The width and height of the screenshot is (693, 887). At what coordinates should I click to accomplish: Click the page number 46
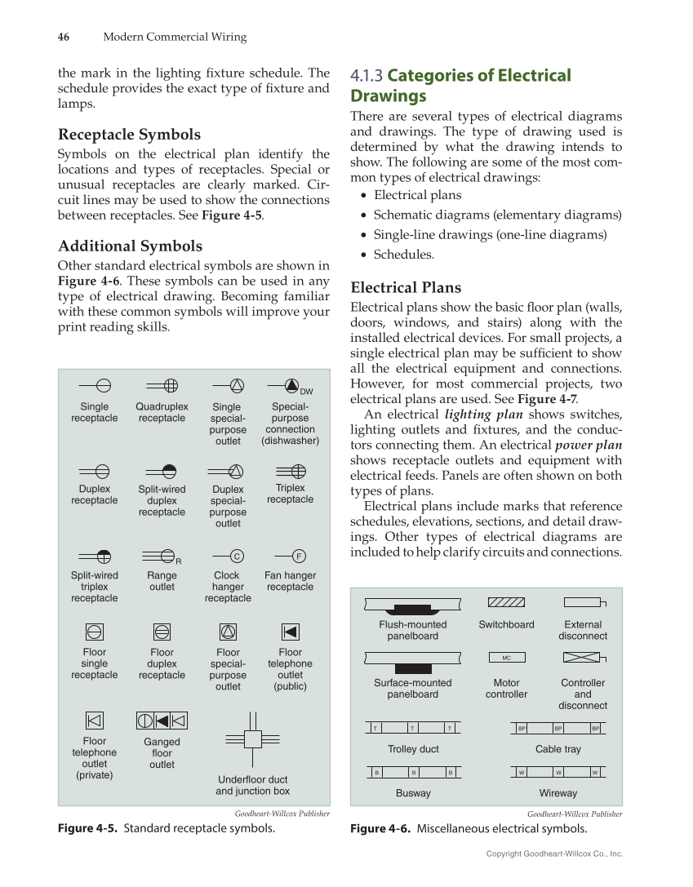(63, 37)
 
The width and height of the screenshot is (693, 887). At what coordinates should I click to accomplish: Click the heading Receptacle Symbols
(129, 135)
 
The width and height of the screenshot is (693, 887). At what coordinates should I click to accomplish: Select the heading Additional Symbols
(130, 246)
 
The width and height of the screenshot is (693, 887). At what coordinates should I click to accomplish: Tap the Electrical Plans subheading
(406, 287)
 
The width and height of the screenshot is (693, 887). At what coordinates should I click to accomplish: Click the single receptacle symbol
(95, 386)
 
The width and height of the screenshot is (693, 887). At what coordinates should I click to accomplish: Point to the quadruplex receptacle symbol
(162, 386)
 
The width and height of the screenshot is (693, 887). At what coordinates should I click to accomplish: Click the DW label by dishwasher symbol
(307, 392)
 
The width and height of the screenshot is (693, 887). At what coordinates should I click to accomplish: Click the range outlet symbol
(162, 557)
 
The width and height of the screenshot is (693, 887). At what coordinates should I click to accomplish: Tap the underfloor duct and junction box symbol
(252, 739)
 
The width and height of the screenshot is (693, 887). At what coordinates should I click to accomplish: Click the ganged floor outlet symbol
(162, 721)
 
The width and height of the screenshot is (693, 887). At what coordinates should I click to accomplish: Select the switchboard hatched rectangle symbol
(506, 602)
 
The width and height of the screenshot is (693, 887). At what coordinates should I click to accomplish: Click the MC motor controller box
(506, 658)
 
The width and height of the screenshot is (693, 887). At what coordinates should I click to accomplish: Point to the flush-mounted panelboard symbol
(412, 605)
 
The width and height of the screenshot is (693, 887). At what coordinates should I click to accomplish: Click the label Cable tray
(558, 749)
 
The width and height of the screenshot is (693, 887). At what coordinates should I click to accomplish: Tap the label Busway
(413, 793)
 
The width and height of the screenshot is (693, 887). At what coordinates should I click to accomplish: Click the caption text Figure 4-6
(380, 829)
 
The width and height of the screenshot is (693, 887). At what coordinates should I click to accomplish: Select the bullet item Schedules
(404, 255)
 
